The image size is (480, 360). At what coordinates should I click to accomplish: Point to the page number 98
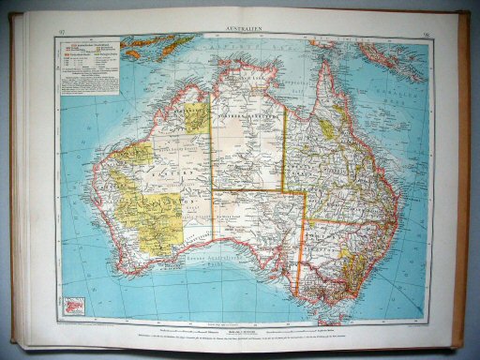coord(426,33)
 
